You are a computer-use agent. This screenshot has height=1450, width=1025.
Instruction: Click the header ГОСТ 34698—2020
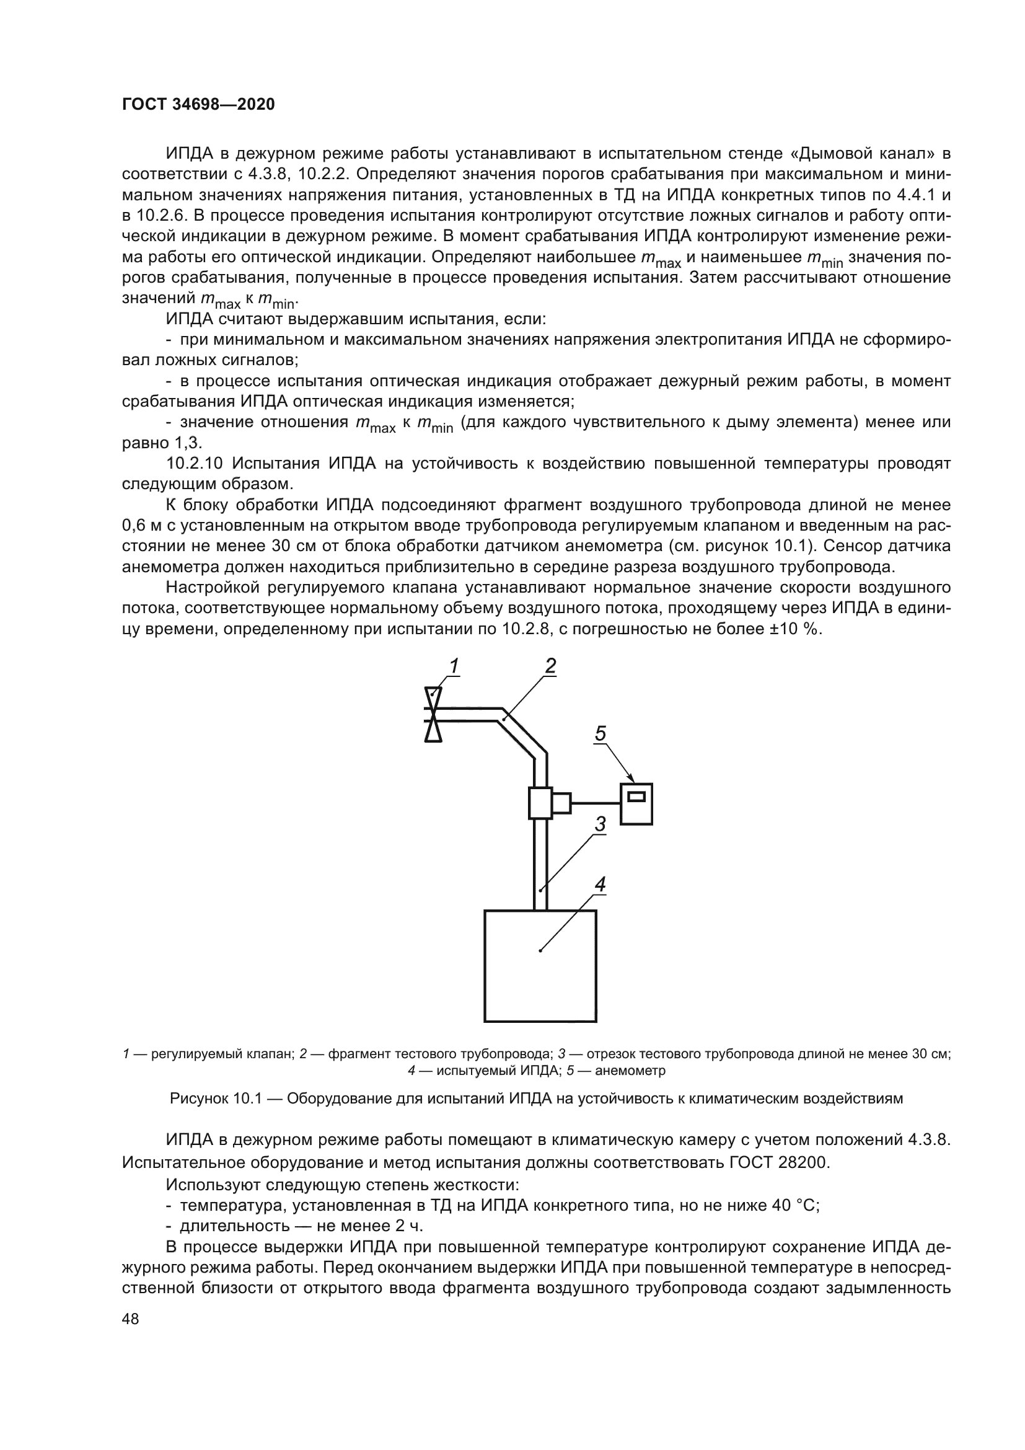click(x=198, y=105)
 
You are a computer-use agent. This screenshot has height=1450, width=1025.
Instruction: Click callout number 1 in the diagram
click(x=453, y=666)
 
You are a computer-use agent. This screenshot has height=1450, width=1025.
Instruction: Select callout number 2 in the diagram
click(x=550, y=666)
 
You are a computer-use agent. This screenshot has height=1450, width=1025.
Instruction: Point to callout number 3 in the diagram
click(x=600, y=824)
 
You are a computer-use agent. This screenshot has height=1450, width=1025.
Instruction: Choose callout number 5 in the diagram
click(x=600, y=734)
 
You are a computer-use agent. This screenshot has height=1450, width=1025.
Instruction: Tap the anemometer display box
click(x=636, y=803)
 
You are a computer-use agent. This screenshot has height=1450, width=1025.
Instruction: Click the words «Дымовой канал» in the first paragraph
click(x=863, y=154)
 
